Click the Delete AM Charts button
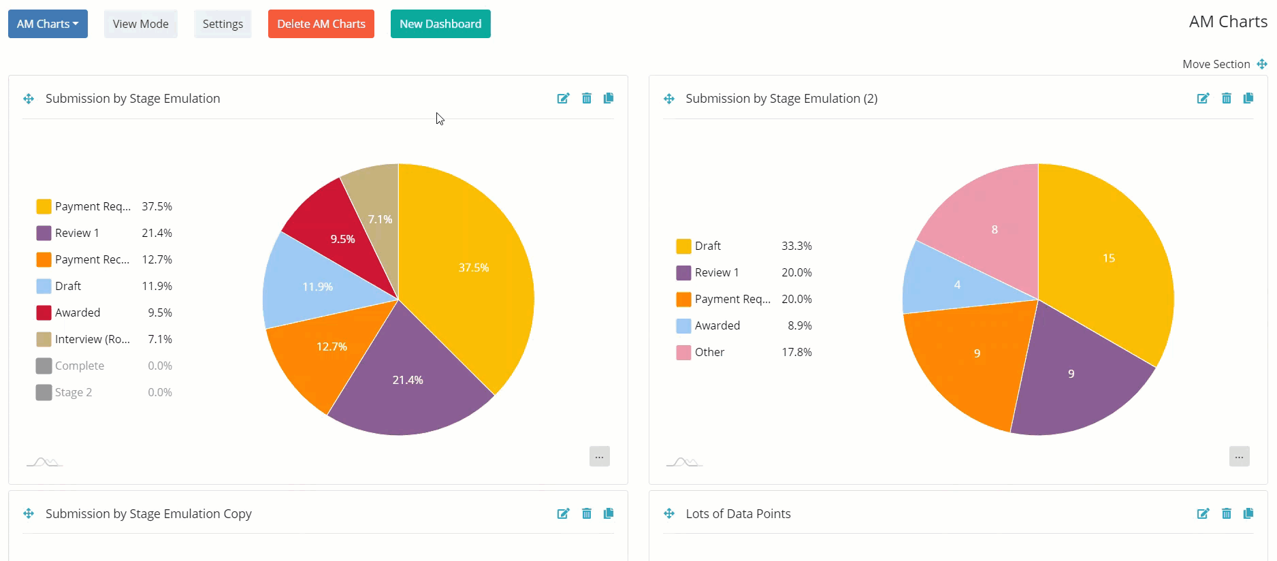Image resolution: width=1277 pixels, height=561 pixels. [321, 24]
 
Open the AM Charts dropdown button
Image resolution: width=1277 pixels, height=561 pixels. [48, 24]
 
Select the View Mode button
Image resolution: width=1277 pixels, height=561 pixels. [140, 24]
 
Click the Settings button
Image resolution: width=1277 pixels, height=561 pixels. [223, 24]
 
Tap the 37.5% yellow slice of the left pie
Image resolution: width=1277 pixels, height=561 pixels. [470, 272]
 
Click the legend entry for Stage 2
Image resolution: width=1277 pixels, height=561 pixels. [73, 392]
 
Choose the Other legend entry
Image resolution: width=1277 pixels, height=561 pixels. [709, 352]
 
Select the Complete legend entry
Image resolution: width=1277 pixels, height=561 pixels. [79, 366]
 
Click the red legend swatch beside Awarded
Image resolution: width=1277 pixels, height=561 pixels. [44, 312]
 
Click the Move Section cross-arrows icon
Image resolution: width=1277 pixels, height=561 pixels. [1262, 64]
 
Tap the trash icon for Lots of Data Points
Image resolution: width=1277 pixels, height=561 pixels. [1226, 513]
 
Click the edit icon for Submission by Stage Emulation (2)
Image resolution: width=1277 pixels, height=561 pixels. [1203, 98]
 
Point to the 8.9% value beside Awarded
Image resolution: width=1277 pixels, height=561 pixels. [799, 325]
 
